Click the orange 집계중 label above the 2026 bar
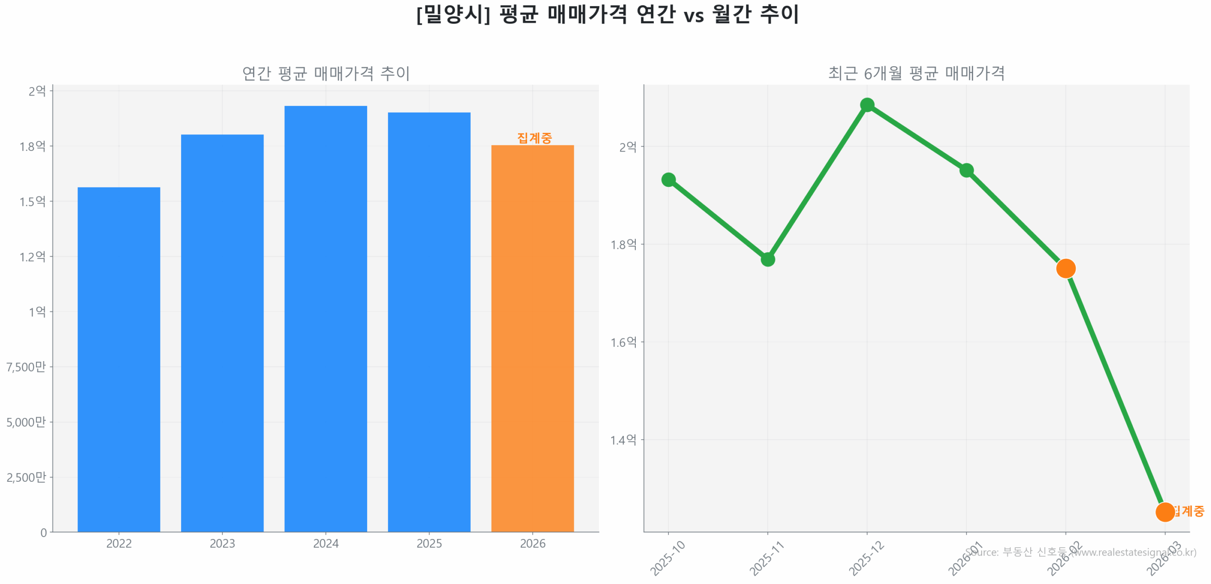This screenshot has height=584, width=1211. point(534,138)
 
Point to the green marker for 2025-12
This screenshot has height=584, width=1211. point(867,105)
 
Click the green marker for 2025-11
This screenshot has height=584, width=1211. point(767,259)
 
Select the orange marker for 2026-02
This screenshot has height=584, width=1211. point(1065,268)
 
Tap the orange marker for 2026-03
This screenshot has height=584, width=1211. point(1164,512)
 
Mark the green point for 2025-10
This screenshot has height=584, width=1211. point(668,179)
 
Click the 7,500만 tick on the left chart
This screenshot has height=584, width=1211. point(26,367)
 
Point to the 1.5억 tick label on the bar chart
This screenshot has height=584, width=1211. point(32,202)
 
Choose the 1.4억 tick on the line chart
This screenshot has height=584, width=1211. point(623,440)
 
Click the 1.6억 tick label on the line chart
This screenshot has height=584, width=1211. point(623,342)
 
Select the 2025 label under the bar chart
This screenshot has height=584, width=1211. point(429,543)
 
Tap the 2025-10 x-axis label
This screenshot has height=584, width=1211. point(667,558)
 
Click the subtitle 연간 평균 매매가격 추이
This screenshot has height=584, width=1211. point(325,73)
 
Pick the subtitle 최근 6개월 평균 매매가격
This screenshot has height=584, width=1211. point(916,73)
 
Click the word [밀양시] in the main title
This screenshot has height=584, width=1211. point(453,14)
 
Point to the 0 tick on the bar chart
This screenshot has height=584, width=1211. point(44,533)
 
